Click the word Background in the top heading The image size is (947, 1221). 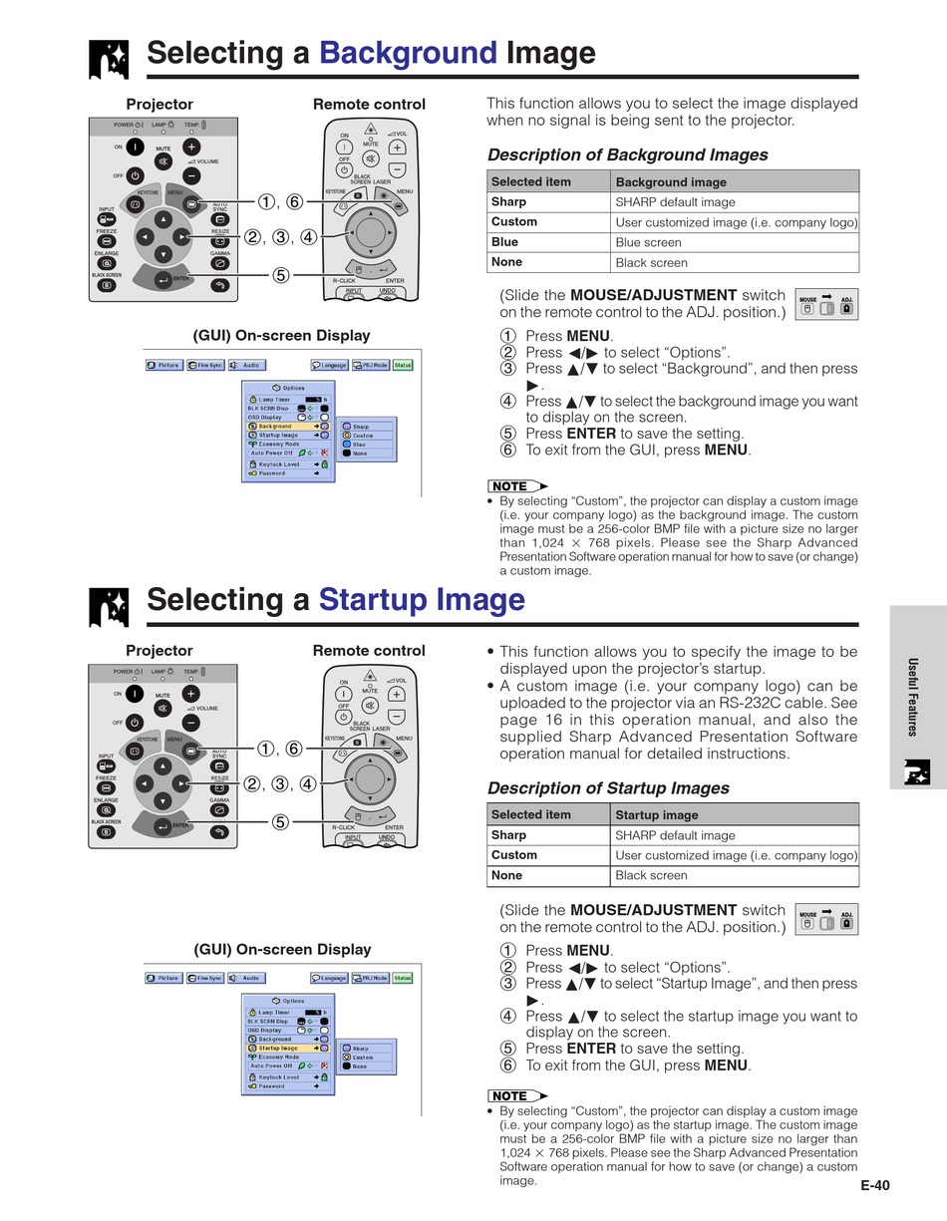coord(407,53)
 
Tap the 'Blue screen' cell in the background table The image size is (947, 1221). coord(649,242)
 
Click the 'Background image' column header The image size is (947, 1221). coord(671,181)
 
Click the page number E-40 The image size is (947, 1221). coord(874,1185)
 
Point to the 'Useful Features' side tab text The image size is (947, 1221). coord(911,697)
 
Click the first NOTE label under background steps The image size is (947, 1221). coord(514,486)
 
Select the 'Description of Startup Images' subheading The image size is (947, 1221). coord(608,788)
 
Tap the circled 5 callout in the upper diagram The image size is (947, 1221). coord(280,276)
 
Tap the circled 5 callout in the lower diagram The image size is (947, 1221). coord(280,822)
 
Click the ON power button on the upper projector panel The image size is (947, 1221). coord(134,147)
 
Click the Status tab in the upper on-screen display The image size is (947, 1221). coord(403,365)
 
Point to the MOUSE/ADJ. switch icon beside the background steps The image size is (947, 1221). coord(826,305)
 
